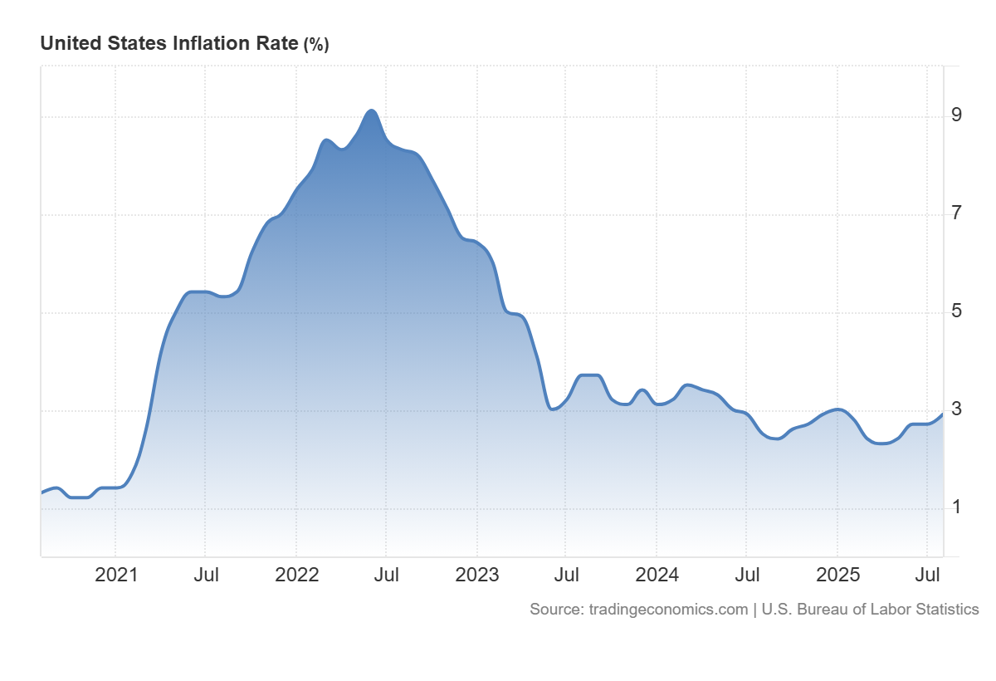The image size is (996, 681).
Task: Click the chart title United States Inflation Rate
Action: pos(168,44)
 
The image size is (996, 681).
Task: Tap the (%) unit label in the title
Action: pos(316,45)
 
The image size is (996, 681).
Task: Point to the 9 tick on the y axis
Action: pos(957,115)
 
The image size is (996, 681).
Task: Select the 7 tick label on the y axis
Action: pos(957,213)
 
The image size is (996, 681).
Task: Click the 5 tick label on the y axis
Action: pos(957,311)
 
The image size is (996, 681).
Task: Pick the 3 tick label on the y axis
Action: pos(957,409)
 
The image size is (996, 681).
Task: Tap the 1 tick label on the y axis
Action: pos(957,507)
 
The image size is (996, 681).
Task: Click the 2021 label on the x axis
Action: pos(116,575)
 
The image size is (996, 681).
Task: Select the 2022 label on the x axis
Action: pos(296,575)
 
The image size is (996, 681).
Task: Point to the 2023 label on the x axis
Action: pos(476,575)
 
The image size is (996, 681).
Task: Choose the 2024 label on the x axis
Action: pos(657,575)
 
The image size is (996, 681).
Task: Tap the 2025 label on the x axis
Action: pos(837,575)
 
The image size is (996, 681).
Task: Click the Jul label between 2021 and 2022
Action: pos(206,575)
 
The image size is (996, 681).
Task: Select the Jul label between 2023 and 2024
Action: pos(566,575)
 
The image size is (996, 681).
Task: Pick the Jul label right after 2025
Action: pos(927,575)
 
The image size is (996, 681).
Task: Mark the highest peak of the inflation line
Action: pos(372,110)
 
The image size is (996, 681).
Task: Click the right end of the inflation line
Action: pos(942,414)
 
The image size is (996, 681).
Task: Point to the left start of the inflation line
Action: pos(41,492)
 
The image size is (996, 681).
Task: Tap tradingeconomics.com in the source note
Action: pos(668,610)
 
